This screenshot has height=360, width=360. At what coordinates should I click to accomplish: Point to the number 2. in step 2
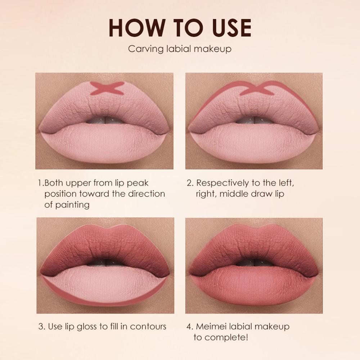click(190, 183)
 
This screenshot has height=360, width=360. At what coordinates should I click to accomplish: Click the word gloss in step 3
click(88, 327)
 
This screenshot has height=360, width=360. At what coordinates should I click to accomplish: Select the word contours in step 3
click(148, 327)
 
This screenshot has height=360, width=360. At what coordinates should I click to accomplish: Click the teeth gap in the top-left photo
click(104, 120)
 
